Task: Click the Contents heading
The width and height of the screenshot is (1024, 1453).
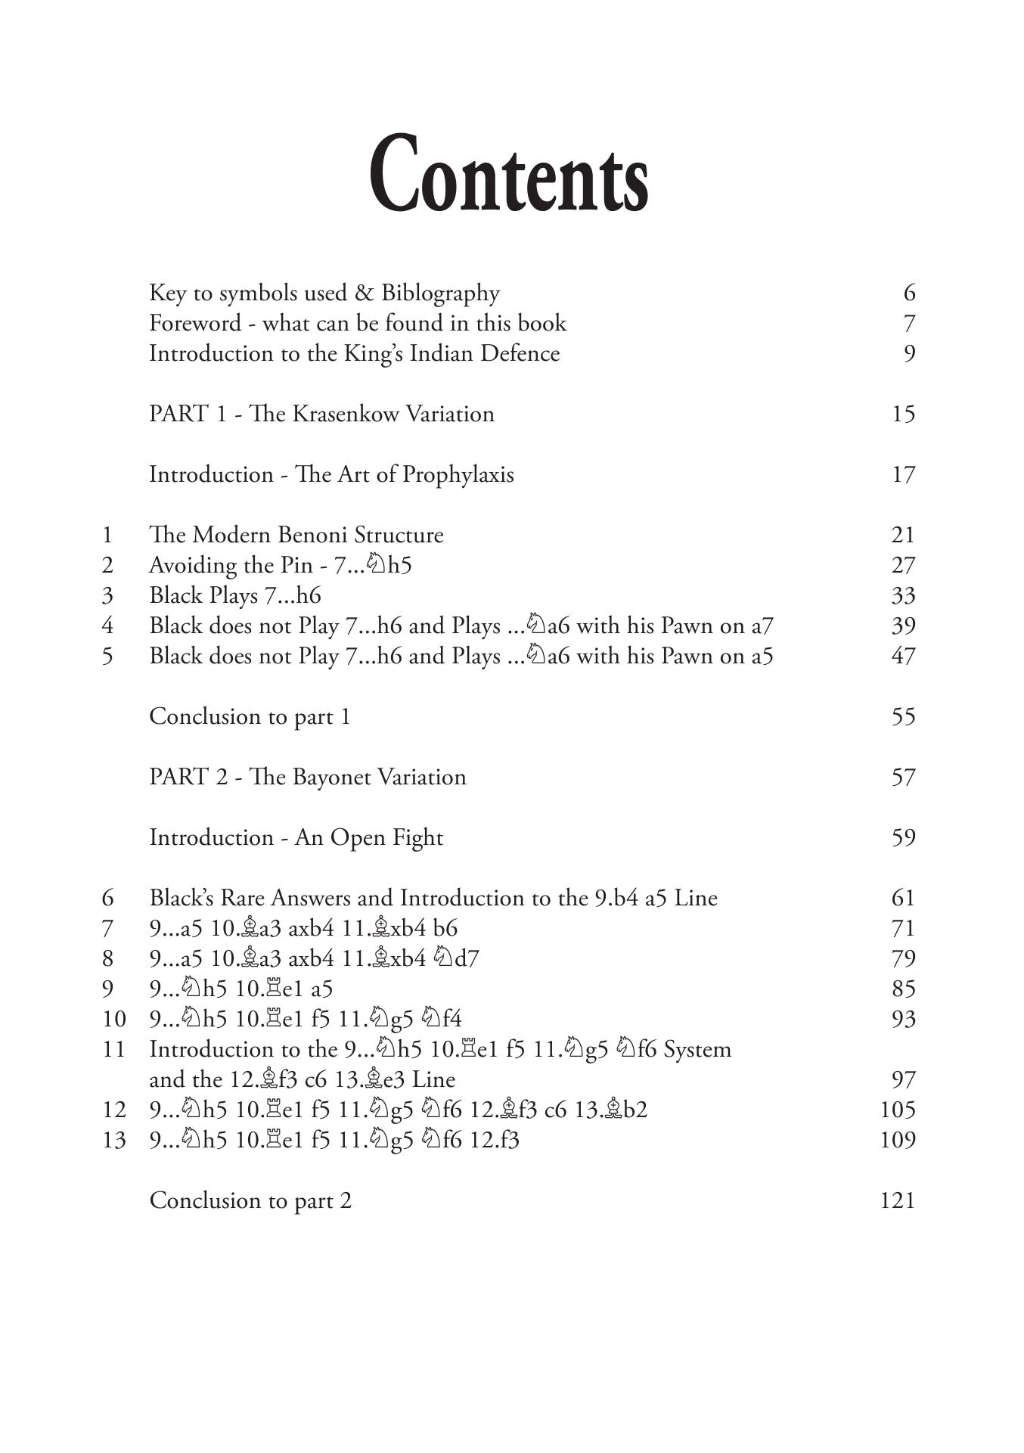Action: click(x=508, y=175)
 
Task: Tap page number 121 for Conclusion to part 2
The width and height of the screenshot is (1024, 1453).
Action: click(x=898, y=1200)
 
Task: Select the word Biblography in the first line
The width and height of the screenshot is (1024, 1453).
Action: click(x=440, y=293)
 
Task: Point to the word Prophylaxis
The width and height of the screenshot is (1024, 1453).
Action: click(x=458, y=475)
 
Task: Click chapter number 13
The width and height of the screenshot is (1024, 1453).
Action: click(x=113, y=1140)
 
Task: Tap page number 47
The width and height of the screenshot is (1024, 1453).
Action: click(x=903, y=656)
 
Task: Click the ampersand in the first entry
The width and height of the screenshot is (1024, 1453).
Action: click(x=364, y=293)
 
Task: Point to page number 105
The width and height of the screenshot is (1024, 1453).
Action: click(x=898, y=1110)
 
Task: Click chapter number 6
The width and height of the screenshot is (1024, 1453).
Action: click(x=108, y=898)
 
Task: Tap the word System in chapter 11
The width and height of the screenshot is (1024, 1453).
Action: click(x=697, y=1050)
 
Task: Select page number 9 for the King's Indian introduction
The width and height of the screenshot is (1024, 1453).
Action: click(x=909, y=354)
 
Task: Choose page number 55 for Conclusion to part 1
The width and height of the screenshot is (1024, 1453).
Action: click(x=903, y=716)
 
